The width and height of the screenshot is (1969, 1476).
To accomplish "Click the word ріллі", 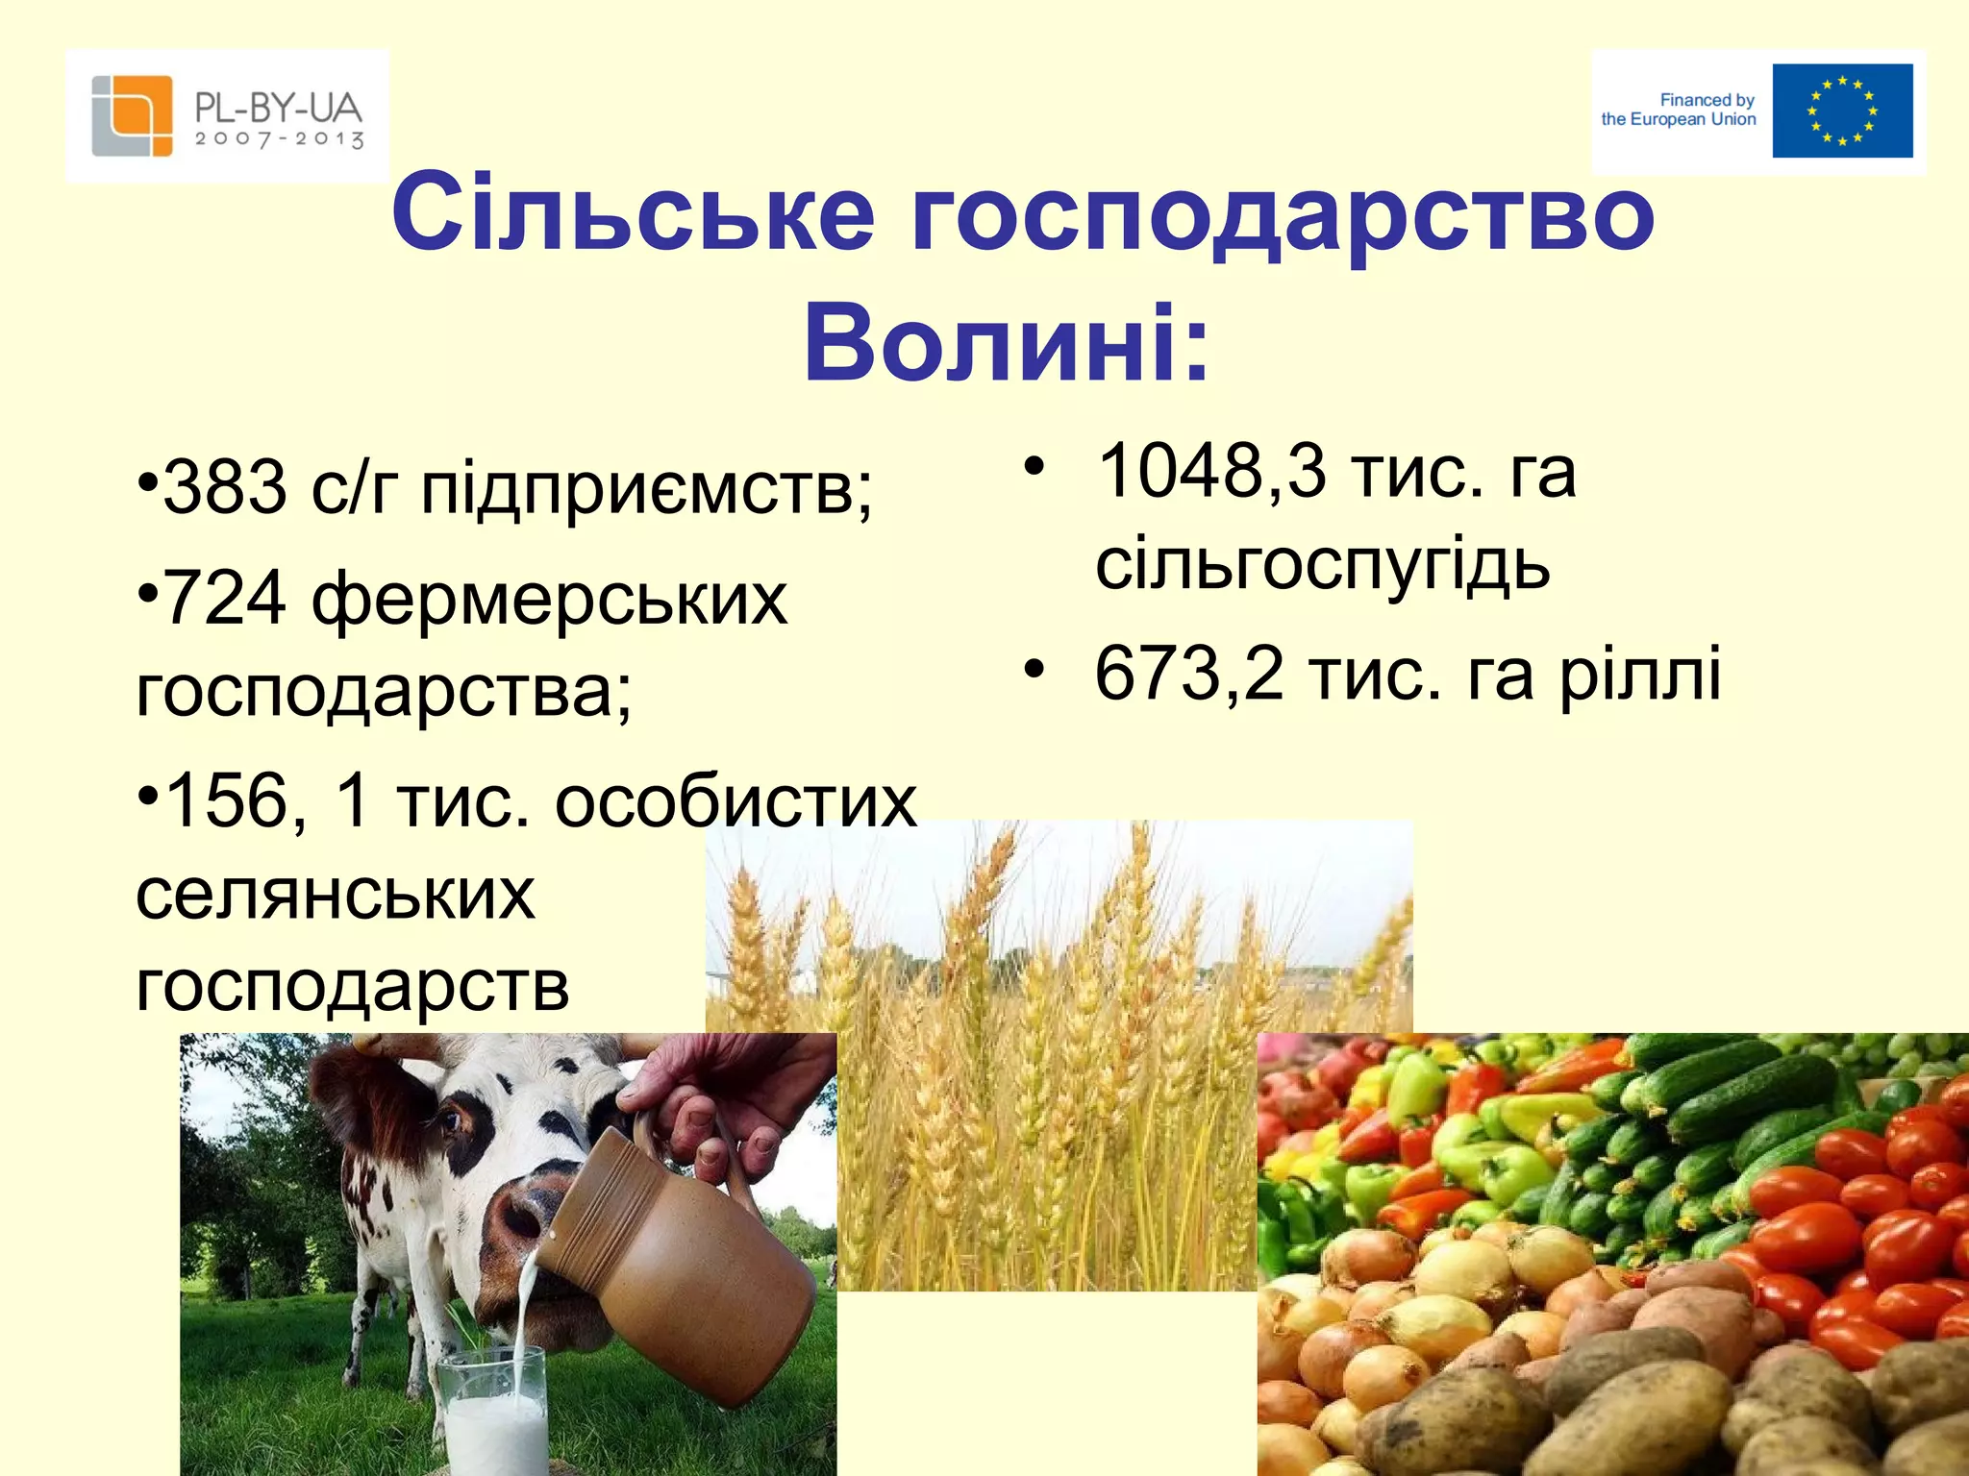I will [x=1639, y=674].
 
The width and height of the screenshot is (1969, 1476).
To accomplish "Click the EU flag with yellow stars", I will [x=1842, y=111].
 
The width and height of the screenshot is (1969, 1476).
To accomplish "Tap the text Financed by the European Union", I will [x=1679, y=110].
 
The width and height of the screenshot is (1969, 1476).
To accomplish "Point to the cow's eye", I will [x=452, y=1119].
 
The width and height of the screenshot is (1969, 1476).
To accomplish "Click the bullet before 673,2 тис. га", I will [x=1033, y=667].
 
